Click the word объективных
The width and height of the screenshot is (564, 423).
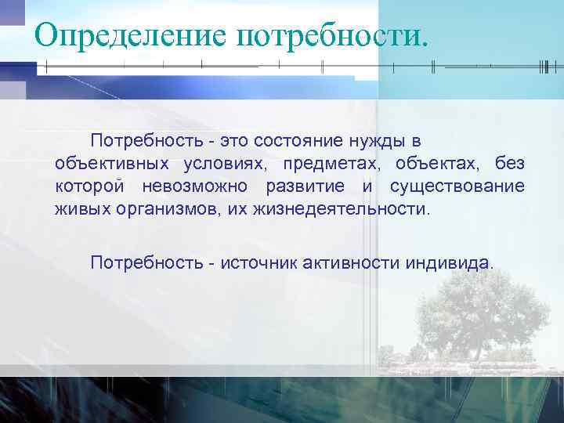(x=111, y=164)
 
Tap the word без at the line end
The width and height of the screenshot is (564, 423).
(x=511, y=164)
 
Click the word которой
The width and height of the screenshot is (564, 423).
(x=90, y=187)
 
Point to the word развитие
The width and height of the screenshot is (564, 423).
(x=305, y=187)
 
